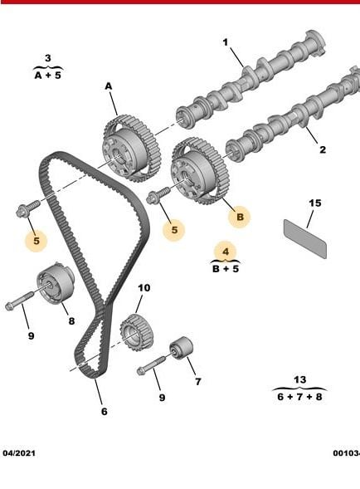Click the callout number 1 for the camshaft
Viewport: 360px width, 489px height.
226,42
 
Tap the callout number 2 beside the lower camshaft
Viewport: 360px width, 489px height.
323,149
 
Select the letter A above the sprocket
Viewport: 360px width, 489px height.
108,86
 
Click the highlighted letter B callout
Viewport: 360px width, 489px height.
240,217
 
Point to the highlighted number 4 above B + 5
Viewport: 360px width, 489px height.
226,252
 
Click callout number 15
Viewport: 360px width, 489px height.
315,203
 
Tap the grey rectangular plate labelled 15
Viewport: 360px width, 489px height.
305,239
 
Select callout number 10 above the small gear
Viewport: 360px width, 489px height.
144,288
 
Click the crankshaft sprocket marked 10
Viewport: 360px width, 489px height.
136,333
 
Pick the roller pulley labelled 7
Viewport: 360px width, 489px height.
181,348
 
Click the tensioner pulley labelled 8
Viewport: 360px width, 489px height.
56,283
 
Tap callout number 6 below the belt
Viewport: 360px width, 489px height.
105,412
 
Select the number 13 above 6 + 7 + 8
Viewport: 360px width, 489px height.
299,380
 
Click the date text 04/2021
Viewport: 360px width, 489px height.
19,453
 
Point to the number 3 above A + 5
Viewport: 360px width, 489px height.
47,58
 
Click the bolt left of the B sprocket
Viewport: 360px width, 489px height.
158,195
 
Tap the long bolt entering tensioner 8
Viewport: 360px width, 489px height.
19,301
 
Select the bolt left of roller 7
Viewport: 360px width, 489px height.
151,365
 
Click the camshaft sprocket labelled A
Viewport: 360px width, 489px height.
131,149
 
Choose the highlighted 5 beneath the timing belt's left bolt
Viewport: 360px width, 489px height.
36,241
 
